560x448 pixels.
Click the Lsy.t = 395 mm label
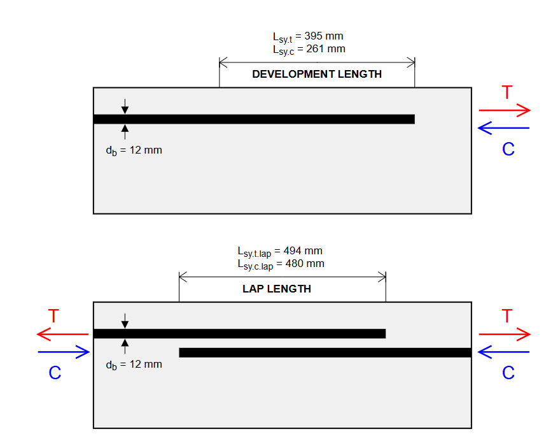308,36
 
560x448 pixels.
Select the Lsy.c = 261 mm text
308,48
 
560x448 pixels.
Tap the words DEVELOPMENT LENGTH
317,74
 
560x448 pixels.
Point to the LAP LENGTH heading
277,289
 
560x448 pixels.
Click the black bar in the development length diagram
255,119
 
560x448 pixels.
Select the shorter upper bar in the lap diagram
239,333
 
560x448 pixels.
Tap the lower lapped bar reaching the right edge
325,352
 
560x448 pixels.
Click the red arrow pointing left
62,334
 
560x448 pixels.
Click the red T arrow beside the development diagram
504,110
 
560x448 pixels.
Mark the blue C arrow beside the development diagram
503,129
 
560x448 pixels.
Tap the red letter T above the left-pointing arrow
55,316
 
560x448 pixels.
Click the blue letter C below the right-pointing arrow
55,373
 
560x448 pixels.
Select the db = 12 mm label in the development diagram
134,151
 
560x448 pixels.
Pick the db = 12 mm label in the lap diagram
134,365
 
